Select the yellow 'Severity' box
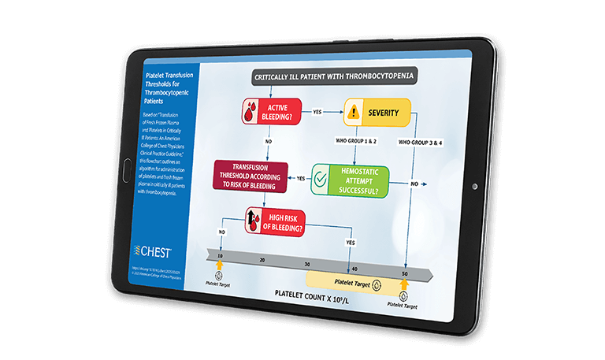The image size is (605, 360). pyautogui.click(x=377, y=113)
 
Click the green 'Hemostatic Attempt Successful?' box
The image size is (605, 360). pyautogui.click(x=350, y=180)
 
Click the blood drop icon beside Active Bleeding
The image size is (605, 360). pyautogui.click(x=250, y=112)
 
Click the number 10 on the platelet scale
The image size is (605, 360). pyautogui.click(x=221, y=254)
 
